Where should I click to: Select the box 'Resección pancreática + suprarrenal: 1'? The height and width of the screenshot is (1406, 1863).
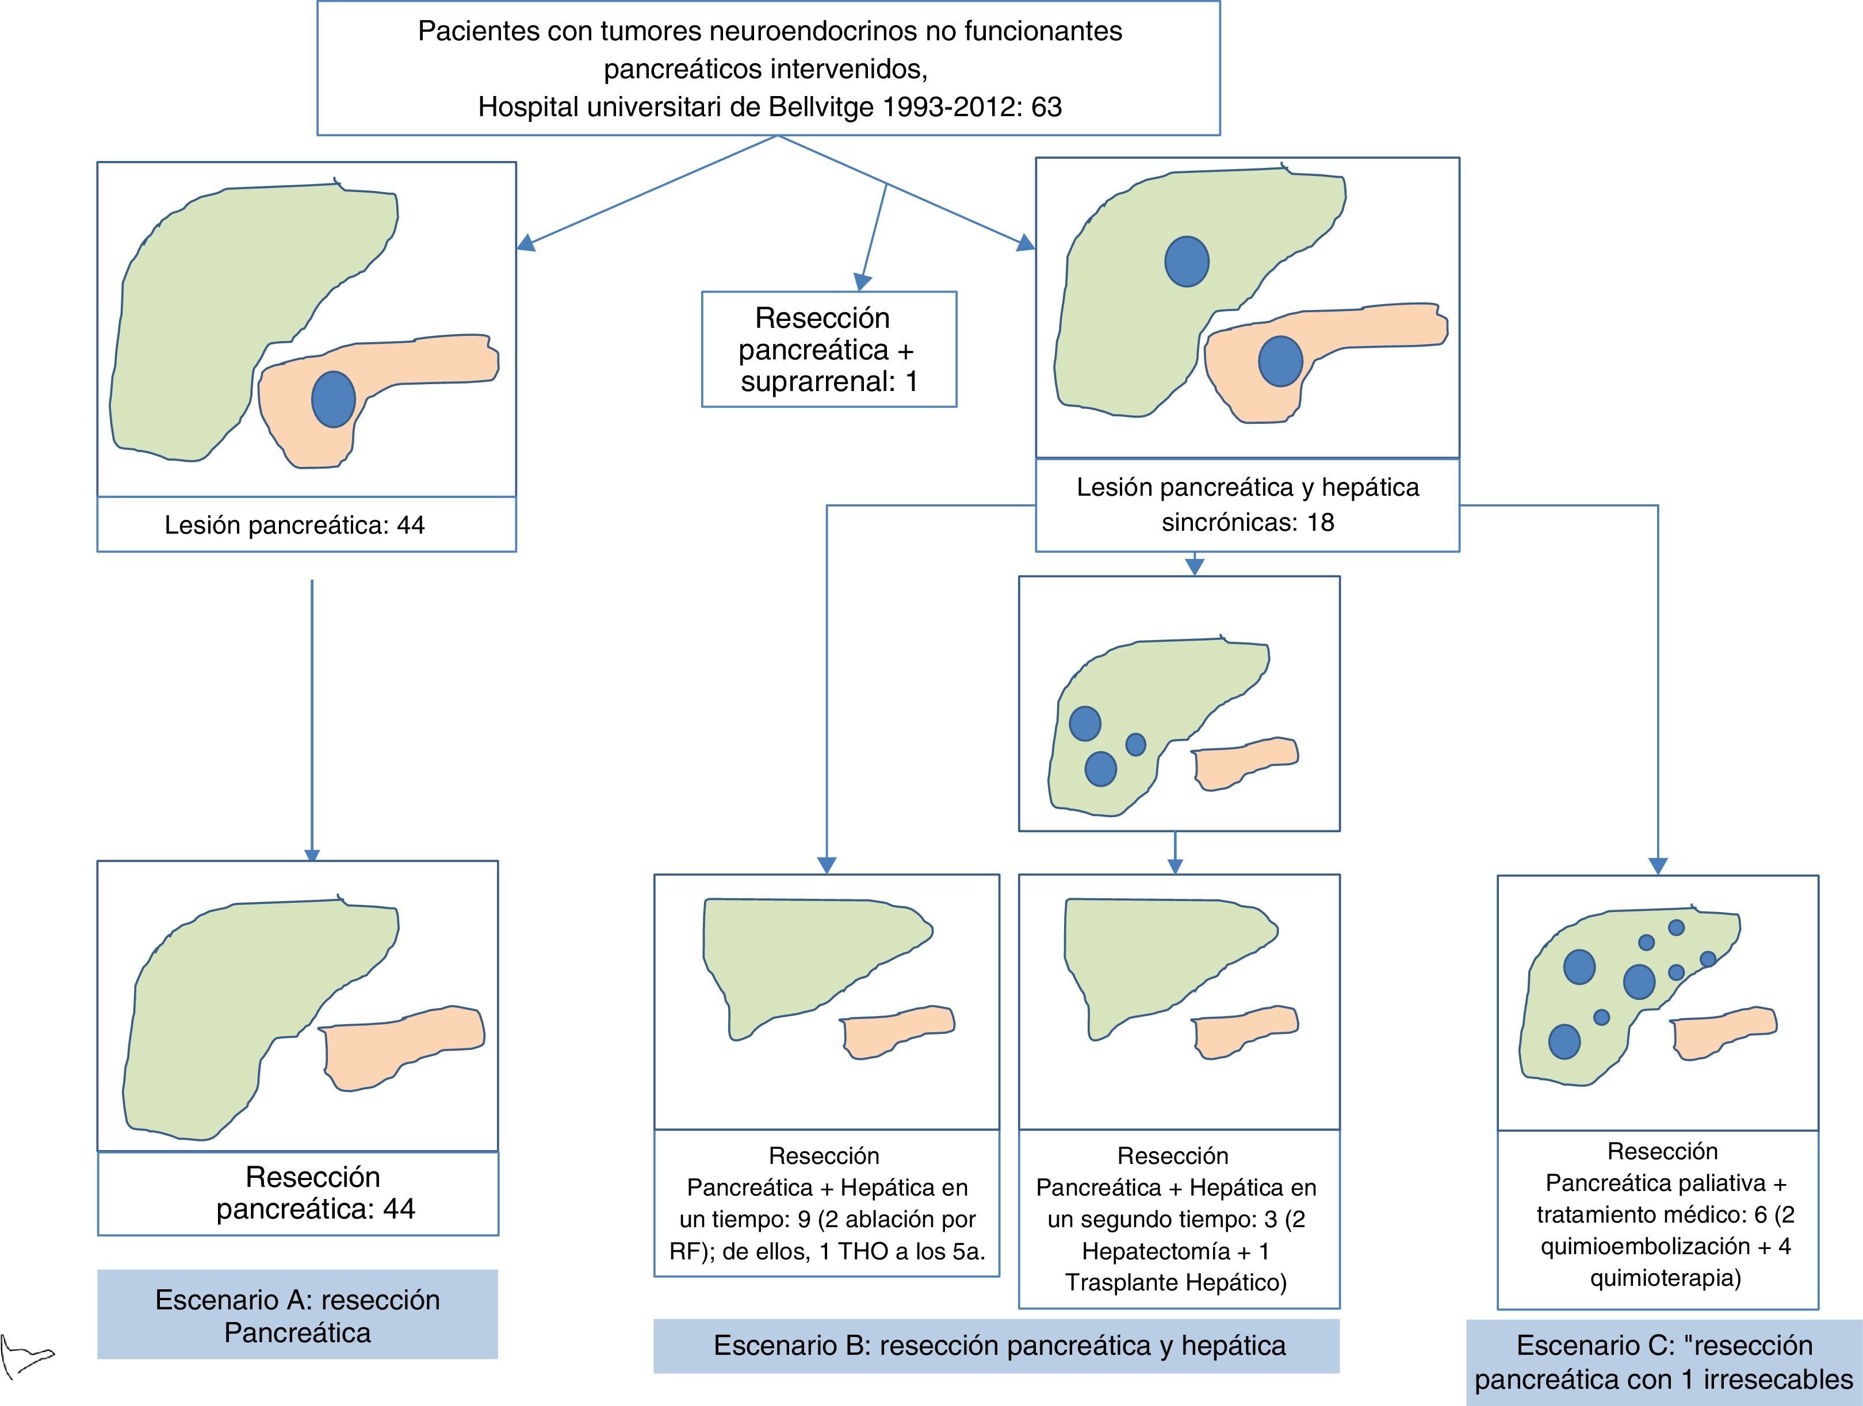tap(829, 350)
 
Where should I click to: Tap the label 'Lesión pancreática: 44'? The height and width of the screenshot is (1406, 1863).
tap(294, 526)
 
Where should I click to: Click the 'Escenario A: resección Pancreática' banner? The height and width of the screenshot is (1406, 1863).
tap(297, 1316)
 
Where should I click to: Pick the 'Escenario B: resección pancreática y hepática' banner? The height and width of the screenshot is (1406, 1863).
tap(999, 1346)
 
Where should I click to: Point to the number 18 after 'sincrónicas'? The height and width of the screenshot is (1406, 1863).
tap(1320, 523)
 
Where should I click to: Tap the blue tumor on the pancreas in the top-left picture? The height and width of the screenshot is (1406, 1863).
tap(334, 399)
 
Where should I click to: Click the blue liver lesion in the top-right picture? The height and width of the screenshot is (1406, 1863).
tap(1187, 261)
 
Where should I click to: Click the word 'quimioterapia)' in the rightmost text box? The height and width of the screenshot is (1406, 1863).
tap(1665, 1278)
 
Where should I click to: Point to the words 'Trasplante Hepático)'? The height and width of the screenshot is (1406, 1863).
tap(1176, 1282)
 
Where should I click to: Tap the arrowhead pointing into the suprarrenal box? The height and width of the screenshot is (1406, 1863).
tap(862, 282)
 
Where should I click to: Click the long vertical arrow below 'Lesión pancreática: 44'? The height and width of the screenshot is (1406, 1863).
tap(312, 715)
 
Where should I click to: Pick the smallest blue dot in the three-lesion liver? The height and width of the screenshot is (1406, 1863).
tap(1135, 744)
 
